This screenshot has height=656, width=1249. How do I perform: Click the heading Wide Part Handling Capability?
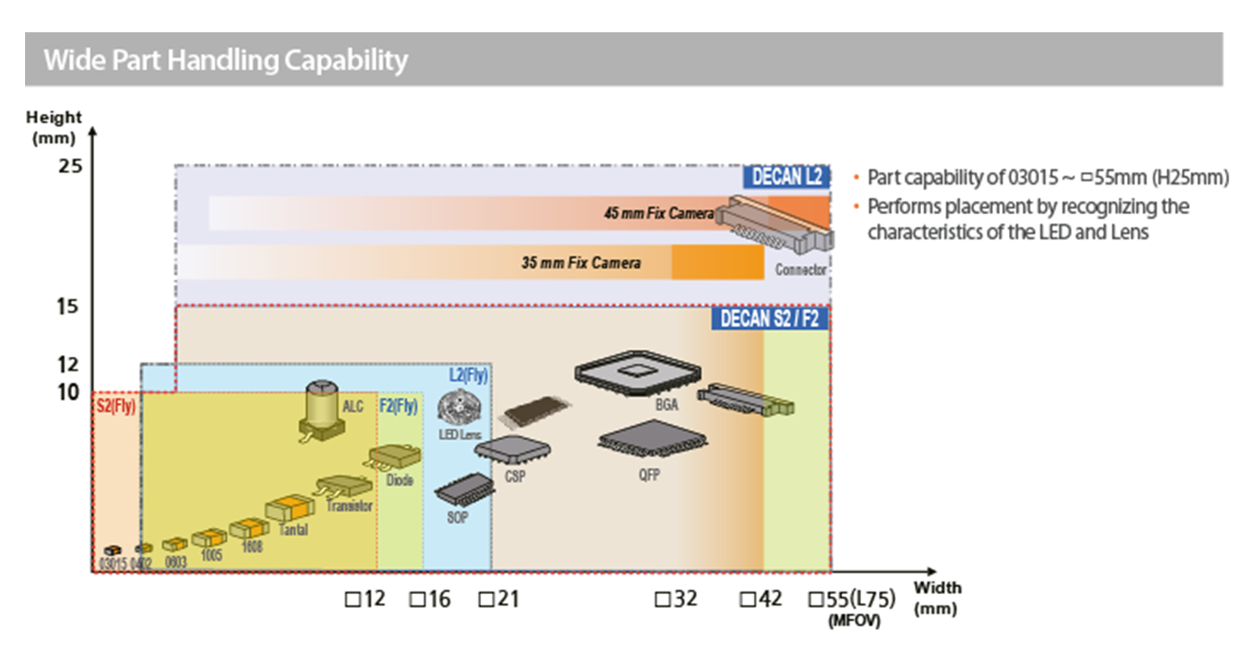click(x=225, y=60)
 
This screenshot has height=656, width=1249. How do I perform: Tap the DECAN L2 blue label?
click(x=787, y=177)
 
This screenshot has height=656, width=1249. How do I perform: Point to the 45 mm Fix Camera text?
click(x=659, y=213)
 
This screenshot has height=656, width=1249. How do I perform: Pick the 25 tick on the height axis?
click(x=68, y=167)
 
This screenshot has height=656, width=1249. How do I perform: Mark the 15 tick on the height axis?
click(x=68, y=306)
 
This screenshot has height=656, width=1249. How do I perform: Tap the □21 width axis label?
click(x=498, y=599)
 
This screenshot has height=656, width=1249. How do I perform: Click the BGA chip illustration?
click(x=637, y=372)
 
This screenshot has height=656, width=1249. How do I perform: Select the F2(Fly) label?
click(x=399, y=405)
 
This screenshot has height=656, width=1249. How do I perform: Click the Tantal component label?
click(x=293, y=530)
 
